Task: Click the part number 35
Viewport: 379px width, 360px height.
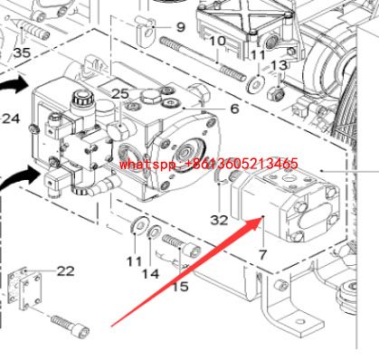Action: [22, 52]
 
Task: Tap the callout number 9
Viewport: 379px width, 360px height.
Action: [179, 27]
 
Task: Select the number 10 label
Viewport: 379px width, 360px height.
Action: [218, 42]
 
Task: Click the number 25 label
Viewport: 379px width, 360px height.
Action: [120, 94]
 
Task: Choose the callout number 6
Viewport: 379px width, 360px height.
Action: [233, 109]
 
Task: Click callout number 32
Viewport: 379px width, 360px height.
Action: [220, 219]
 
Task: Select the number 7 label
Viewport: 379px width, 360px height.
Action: [263, 257]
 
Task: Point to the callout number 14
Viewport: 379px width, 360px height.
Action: [151, 272]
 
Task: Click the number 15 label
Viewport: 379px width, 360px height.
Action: [181, 287]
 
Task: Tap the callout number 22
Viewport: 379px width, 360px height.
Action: [66, 270]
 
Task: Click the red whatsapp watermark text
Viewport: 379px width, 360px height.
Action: [209, 164]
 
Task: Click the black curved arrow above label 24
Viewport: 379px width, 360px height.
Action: [13, 88]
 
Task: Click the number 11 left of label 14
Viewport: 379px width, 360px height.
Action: [134, 261]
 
